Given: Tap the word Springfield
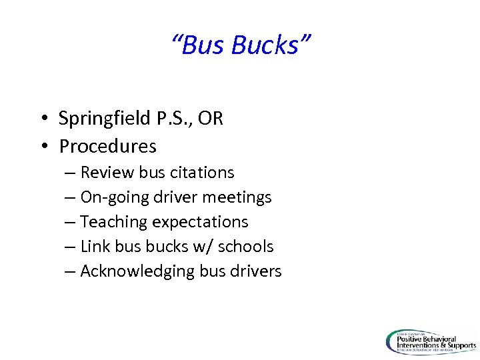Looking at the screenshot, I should pos(103,119).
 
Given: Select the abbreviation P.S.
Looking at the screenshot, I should pos(171,119).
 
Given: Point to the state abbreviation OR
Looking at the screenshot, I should pos(211,119).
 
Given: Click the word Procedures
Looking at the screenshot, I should pos(107,145).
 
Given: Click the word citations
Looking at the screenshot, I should pos(203,173).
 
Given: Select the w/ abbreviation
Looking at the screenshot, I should pos(201,247).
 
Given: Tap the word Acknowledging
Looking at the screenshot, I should pos(137,271).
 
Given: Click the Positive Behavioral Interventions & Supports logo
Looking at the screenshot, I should pos(431,342).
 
